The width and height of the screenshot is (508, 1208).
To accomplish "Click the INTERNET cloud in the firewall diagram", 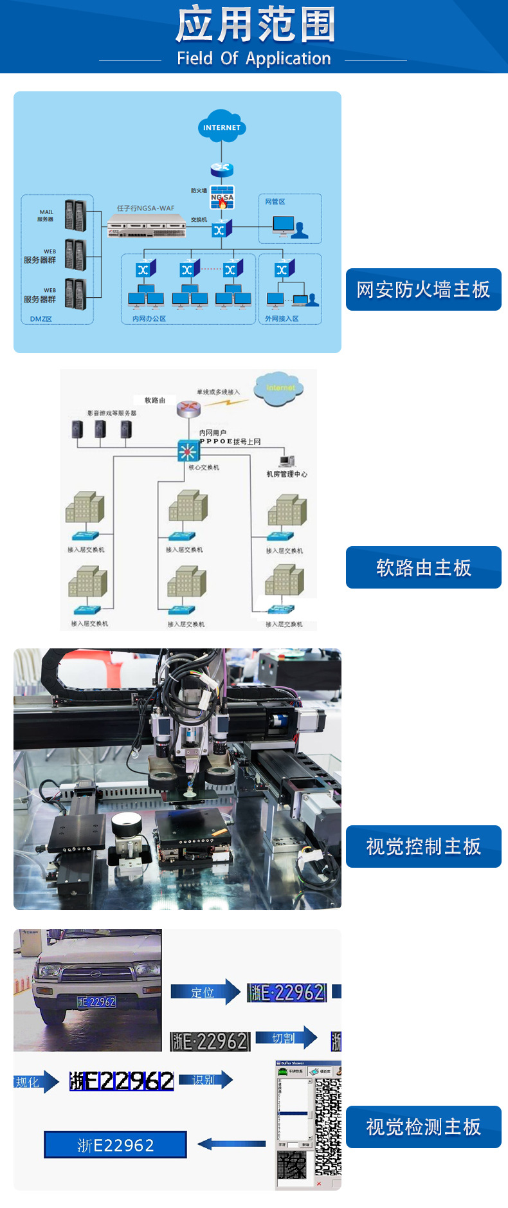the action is (x=222, y=127).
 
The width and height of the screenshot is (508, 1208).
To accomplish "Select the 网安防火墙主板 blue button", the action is (x=423, y=289).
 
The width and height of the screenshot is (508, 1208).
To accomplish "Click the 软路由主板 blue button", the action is (x=423, y=567).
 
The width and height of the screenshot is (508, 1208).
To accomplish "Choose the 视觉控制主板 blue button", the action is (x=423, y=847).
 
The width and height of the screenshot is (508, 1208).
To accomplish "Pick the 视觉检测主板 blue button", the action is (x=423, y=1127).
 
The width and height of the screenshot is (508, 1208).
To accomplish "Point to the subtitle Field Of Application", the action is (x=254, y=59).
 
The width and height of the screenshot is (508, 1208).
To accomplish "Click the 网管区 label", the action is (x=275, y=201).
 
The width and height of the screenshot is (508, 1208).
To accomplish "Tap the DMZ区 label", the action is (x=41, y=318).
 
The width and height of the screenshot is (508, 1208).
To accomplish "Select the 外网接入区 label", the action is (x=282, y=318).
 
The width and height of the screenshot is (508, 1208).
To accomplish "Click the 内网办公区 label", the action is (x=149, y=318).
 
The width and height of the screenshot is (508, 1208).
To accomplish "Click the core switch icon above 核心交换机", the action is (x=188, y=451).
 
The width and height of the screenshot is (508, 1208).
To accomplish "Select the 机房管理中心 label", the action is (x=287, y=474).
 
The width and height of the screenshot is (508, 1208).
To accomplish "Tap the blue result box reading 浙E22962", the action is (x=116, y=1145).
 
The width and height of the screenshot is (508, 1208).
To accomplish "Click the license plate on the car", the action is (x=96, y=1002).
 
